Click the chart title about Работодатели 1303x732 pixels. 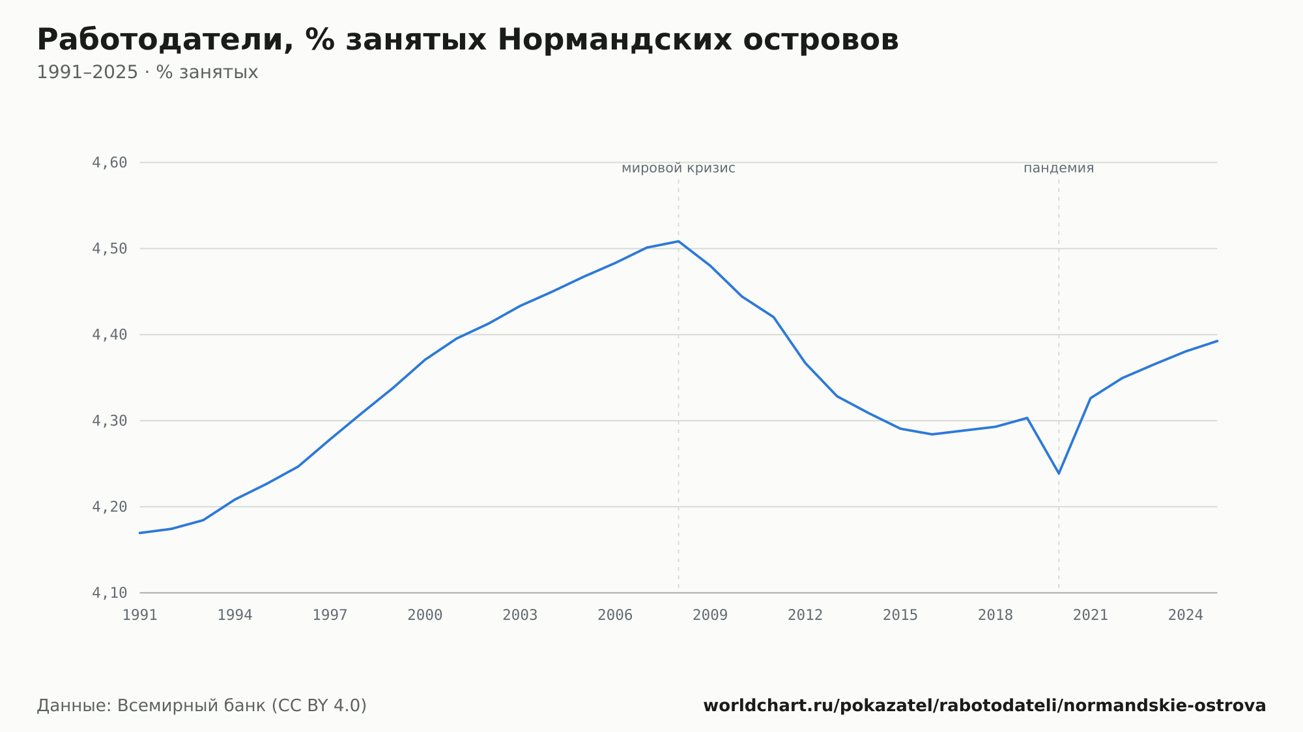pos(468,40)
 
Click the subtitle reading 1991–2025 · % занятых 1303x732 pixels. pos(147,72)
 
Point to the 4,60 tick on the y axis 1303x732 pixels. pos(109,163)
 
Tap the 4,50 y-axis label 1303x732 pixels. pos(109,249)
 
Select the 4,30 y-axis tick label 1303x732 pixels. pos(109,421)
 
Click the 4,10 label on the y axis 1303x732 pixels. pos(109,593)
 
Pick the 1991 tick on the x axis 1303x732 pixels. pos(140,615)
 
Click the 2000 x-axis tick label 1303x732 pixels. pos(425,615)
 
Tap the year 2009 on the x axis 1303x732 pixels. pos(710,615)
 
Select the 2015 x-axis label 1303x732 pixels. pos(900,615)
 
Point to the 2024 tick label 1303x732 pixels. pos(1186,615)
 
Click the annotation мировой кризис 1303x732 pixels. pos(678,168)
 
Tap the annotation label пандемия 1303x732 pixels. pos(1059,168)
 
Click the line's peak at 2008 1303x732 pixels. pos(678,241)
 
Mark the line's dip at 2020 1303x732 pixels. pos(1059,473)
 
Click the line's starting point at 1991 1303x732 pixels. pos(140,533)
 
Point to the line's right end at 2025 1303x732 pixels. pos(1217,341)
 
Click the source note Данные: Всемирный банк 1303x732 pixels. pos(202,706)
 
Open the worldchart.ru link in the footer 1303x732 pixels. pos(984,706)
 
